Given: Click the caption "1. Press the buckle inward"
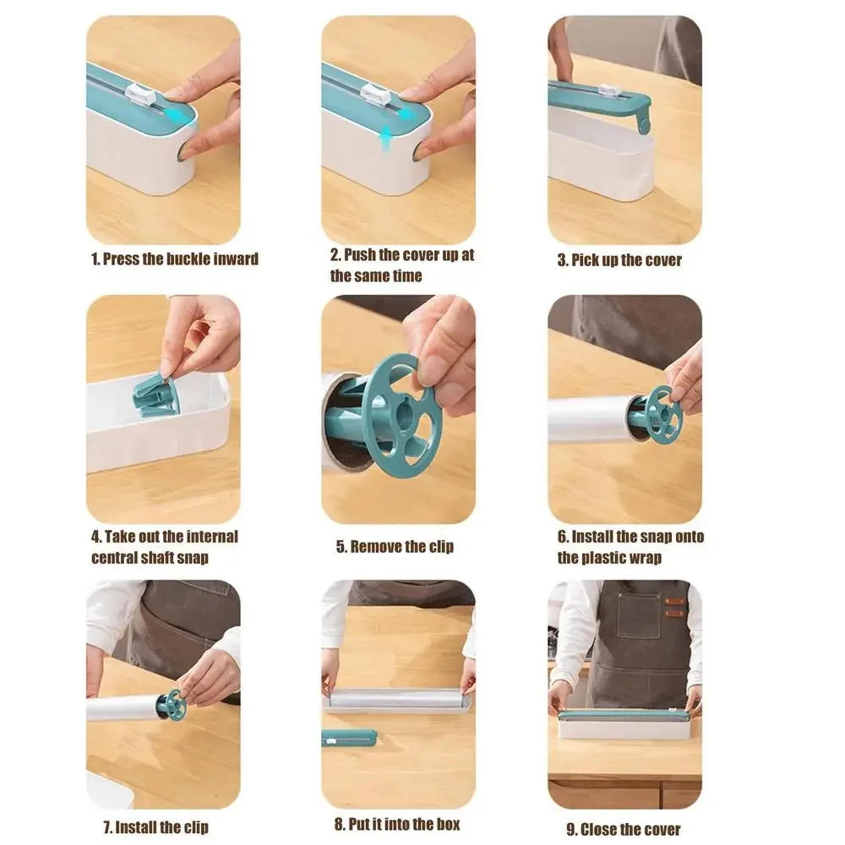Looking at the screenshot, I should click(175, 259).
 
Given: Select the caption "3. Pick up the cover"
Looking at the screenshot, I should click(619, 259).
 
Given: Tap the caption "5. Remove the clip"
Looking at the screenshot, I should click(395, 547).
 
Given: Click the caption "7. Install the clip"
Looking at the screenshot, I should click(150, 826).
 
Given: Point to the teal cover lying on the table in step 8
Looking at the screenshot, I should click(348, 737).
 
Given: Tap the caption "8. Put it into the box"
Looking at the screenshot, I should click(397, 824).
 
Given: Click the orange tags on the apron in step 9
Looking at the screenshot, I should click(673, 608).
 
